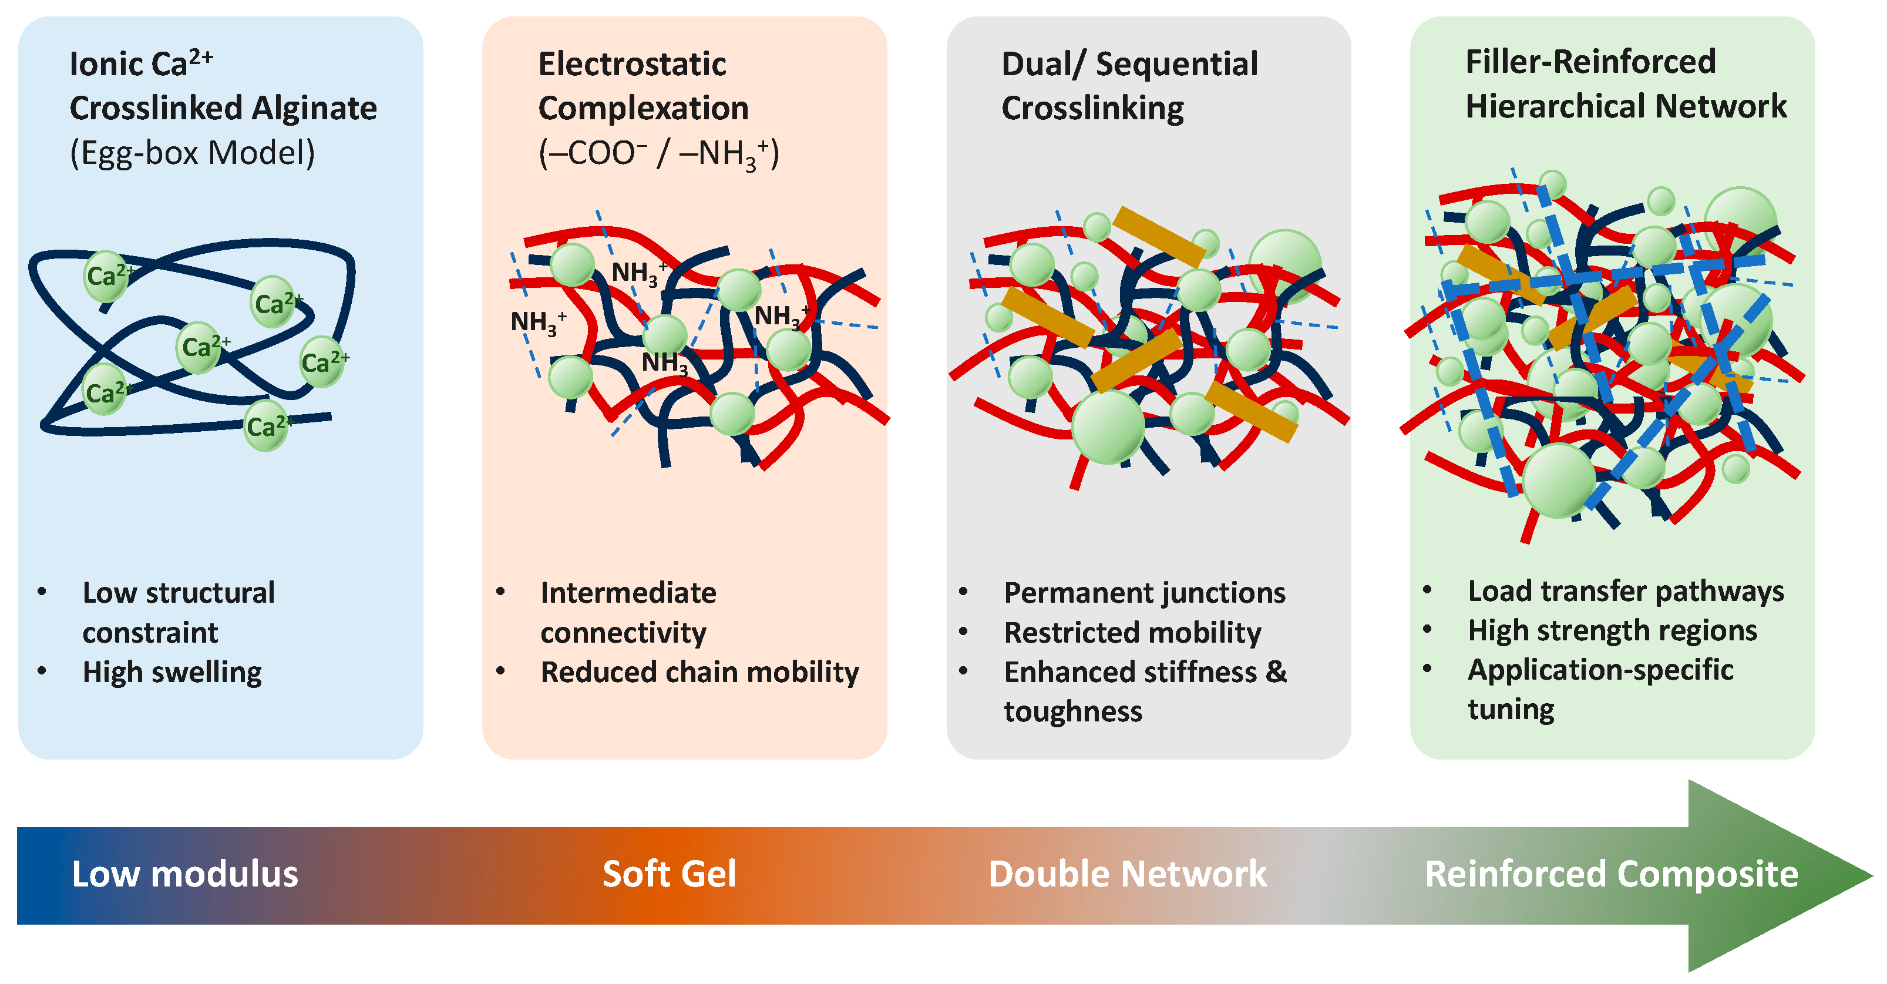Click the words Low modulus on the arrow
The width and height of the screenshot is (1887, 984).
[x=184, y=874]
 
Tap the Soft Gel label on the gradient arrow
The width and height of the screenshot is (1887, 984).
[x=669, y=874]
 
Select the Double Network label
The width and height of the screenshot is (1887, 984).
[x=1128, y=874]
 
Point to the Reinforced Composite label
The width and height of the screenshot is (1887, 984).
[x=1611, y=874]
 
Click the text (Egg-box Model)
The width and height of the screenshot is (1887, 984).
[x=192, y=153]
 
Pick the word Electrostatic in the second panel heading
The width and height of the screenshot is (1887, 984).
[x=632, y=65]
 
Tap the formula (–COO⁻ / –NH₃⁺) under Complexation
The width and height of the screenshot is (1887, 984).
[x=658, y=155]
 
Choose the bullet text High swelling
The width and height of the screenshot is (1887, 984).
[x=172, y=672]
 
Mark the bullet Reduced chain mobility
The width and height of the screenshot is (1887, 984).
[x=699, y=672]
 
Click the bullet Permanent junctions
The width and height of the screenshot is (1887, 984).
[x=1144, y=593]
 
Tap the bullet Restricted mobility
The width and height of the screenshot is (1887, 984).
[x=1132, y=632]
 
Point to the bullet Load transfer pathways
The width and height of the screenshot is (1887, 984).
[x=1626, y=591]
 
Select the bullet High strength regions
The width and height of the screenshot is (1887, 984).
[x=1612, y=631]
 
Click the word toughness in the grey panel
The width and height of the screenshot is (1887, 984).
[x=1072, y=711]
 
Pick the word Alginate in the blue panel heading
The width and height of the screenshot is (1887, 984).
[x=314, y=109]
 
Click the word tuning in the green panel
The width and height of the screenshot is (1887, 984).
[x=1511, y=709]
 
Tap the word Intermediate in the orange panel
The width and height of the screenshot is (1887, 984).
[x=628, y=593]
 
